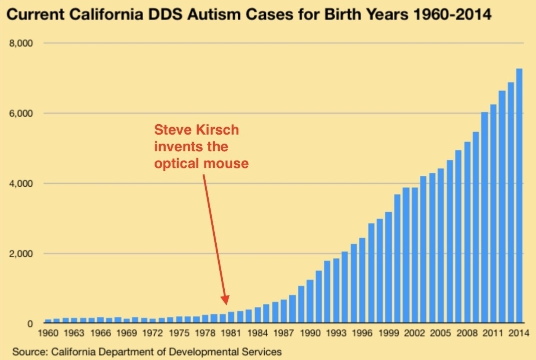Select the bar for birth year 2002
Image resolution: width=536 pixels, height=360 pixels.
pyautogui.click(x=414, y=255)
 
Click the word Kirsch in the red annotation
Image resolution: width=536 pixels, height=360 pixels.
pyautogui.click(x=218, y=130)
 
